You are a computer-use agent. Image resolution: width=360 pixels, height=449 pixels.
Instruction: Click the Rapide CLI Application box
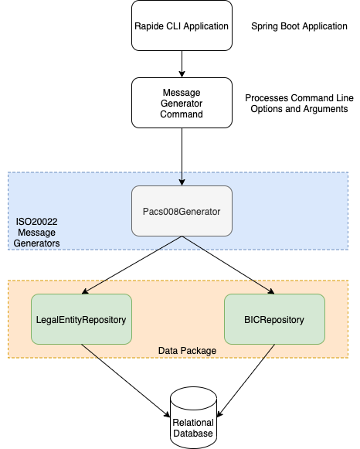click(x=182, y=26)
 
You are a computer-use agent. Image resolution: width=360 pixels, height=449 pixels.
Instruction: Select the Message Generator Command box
click(x=182, y=103)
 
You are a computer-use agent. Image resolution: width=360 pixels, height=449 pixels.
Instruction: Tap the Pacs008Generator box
click(x=182, y=211)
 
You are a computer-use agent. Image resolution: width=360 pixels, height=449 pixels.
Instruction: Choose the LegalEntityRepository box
click(x=81, y=319)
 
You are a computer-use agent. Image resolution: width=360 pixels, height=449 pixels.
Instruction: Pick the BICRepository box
click(x=274, y=319)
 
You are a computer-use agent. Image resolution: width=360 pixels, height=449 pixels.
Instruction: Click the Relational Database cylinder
click(x=193, y=417)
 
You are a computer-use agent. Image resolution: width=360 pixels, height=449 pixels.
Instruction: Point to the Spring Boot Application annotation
click(x=299, y=26)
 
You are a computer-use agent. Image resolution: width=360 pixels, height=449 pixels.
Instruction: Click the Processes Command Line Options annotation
click(x=299, y=104)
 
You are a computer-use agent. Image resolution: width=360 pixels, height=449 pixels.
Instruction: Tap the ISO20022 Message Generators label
click(x=36, y=233)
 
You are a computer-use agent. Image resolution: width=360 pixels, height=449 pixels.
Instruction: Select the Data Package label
click(x=187, y=351)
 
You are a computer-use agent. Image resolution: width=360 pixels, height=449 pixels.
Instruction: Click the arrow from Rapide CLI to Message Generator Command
click(x=182, y=64)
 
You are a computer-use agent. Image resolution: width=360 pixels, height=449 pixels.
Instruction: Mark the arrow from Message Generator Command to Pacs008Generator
click(x=182, y=157)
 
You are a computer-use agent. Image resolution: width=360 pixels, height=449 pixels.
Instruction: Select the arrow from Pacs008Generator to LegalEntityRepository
click(x=131, y=265)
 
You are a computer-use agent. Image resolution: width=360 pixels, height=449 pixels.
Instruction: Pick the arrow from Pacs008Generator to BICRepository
click(x=228, y=265)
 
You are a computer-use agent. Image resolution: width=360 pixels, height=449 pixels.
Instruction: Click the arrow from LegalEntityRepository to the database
click(x=126, y=381)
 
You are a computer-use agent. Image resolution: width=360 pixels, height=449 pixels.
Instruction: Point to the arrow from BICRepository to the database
click(x=246, y=381)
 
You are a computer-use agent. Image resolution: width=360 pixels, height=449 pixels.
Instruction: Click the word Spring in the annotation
click(x=265, y=26)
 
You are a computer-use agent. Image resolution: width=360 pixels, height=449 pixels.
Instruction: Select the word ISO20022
click(x=36, y=222)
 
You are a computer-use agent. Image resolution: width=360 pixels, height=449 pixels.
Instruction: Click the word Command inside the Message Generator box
click(x=182, y=114)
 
